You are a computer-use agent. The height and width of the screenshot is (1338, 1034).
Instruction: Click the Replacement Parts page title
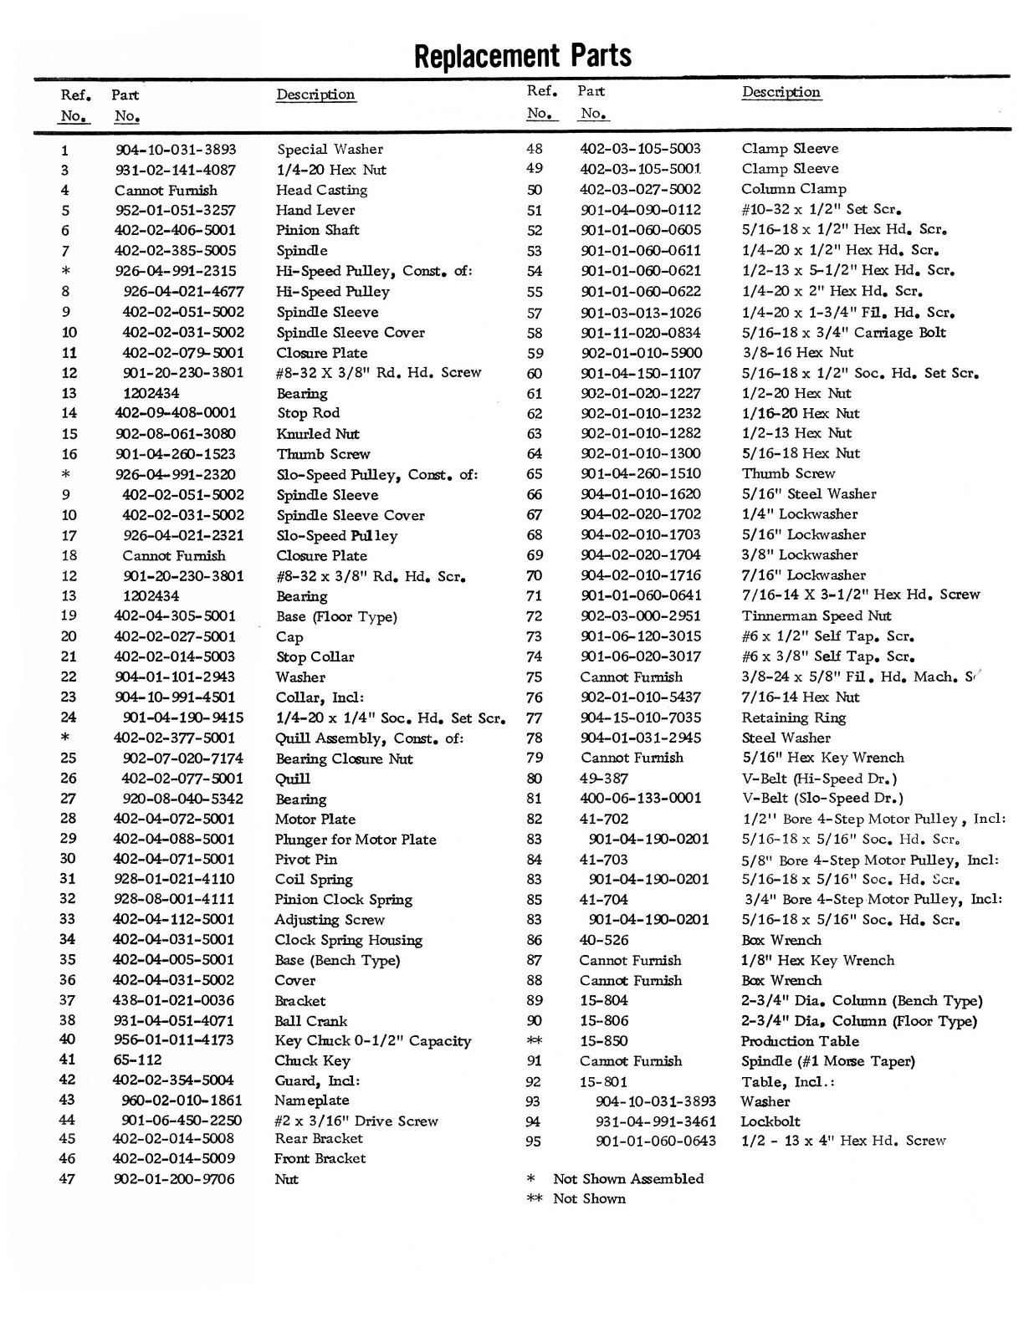click(x=522, y=55)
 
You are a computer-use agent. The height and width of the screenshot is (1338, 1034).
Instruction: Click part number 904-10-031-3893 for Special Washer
click(x=176, y=150)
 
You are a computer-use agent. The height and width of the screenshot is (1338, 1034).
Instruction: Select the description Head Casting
click(x=321, y=190)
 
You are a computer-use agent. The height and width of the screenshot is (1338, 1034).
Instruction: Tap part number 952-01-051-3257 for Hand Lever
click(x=176, y=210)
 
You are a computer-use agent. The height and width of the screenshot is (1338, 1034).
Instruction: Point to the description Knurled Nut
click(x=318, y=433)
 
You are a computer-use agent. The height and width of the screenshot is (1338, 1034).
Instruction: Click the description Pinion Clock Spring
click(x=343, y=899)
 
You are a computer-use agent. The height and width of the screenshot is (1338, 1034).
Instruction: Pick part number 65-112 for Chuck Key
click(x=138, y=1060)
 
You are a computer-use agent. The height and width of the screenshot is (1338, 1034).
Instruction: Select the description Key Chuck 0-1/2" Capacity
click(x=372, y=1041)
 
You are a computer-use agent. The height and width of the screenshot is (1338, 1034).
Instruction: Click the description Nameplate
click(x=312, y=1101)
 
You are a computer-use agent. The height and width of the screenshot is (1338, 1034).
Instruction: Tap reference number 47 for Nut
click(x=68, y=1179)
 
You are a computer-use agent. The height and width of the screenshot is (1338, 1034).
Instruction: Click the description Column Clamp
click(x=793, y=189)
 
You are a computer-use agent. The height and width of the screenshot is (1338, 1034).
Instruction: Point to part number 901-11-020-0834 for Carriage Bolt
click(x=641, y=333)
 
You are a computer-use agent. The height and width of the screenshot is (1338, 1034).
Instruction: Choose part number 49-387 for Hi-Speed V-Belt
click(x=604, y=778)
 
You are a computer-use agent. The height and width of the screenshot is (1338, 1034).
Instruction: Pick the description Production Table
click(x=800, y=1041)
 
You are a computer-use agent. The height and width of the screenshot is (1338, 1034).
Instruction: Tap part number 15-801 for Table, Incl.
click(x=603, y=1081)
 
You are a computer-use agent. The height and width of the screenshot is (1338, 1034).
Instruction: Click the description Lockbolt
click(x=770, y=1121)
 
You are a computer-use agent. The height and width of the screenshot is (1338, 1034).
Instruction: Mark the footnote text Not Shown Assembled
click(x=628, y=1178)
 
